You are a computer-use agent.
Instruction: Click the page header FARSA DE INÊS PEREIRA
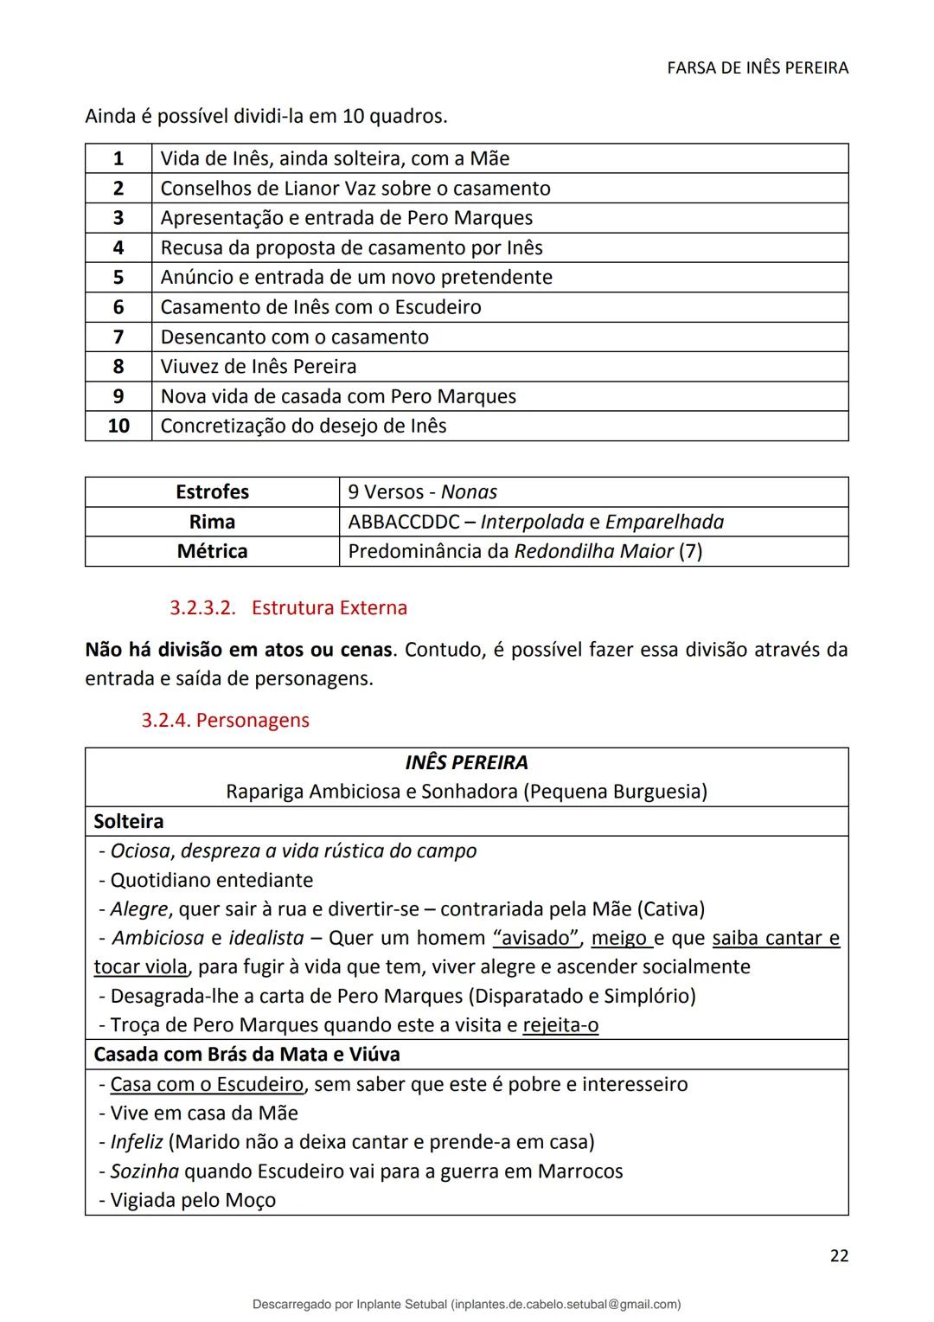click(x=758, y=67)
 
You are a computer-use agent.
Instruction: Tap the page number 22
click(x=838, y=1255)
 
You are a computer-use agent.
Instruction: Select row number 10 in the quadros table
click(x=118, y=426)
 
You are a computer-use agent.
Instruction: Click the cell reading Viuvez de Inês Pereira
click(x=259, y=367)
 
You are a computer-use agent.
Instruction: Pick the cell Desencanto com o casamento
click(x=294, y=337)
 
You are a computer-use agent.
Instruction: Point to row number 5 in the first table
click(x=118, y=278)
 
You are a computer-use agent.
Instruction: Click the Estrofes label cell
click(x=212, y=492)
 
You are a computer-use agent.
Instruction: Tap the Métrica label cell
click(x=212, y=551)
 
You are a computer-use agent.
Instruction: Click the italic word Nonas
click(x=469, y=492)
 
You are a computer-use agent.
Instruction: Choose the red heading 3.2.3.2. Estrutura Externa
click(x=288, y=607)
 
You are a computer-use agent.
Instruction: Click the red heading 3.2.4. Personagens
click(x=225, y=720)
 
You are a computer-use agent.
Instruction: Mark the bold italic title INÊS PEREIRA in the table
click(x=466, y=762)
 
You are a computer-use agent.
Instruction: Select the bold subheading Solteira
click(x=129, y=821)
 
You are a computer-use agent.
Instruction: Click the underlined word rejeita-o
click(x=560, y=1025)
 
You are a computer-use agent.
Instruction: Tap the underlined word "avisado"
click(x=535, y=938)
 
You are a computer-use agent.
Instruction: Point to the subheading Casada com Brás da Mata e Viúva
click(x=246, y=1055)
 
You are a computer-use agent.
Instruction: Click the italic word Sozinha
click(x=144, y=1171)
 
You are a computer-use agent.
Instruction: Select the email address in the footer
click(x=566, y=1304)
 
